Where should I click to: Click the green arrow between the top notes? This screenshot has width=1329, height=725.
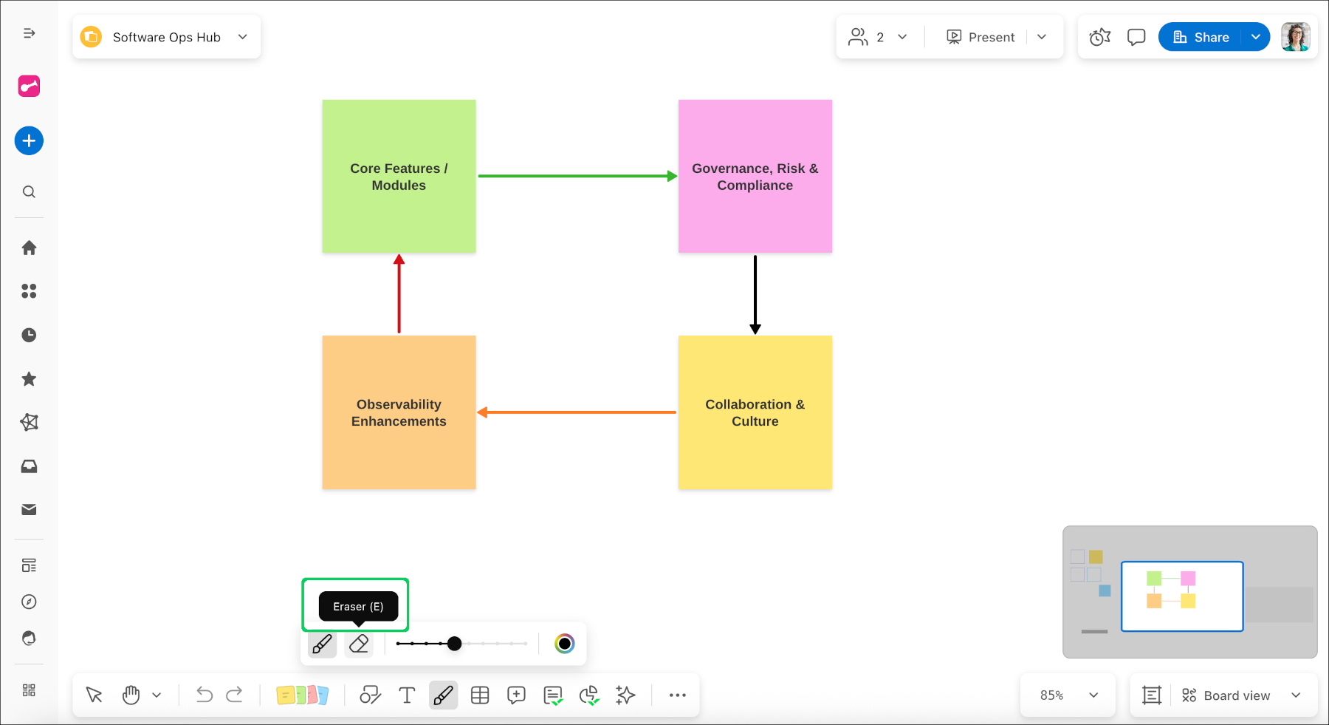tap(576, 176)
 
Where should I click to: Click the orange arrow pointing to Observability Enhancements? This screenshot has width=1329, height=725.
tap(576, 412)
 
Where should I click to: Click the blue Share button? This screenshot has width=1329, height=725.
tap(1201, 37)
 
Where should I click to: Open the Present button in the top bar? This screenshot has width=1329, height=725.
tap(981, 37)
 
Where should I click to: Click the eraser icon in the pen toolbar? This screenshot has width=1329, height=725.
tap(359, 644)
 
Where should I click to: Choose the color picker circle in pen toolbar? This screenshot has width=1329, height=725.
tap(565, 644)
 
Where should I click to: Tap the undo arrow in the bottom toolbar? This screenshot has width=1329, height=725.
tap(205, 695)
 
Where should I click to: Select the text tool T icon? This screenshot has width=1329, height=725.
tap(407, 695)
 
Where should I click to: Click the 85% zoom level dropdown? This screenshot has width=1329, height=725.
tap(1068, 695)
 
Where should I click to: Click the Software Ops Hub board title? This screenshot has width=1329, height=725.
tap(167, 37)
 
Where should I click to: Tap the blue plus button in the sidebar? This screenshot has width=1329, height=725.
tap(29, 140)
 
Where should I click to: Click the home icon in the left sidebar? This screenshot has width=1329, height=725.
tap(29, 248)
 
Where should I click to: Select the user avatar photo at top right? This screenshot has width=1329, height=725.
tap(1295, 37)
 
